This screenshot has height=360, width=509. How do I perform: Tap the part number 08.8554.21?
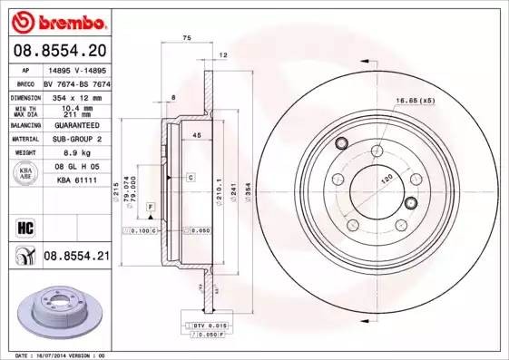point(76,257)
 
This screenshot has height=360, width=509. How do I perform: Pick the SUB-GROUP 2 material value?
point(76,139)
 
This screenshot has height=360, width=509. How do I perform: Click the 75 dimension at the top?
point(187,37)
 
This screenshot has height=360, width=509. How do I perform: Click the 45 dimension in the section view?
point(195,136)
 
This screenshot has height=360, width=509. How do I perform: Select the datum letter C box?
point(191,177)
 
